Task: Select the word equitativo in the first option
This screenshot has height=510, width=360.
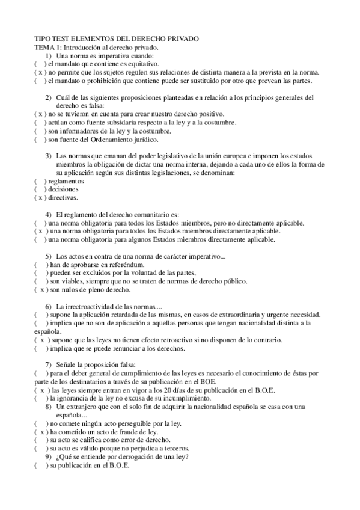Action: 140,63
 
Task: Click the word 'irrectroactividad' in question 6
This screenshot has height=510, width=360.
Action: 87,306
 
